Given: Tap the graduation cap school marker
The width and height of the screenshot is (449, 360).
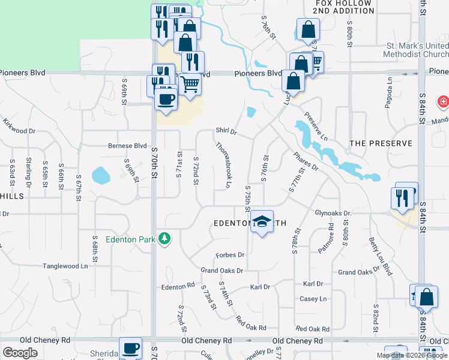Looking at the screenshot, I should pyautogui.click(x=261, y=223).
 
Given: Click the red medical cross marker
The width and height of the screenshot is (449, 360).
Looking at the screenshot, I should pyautogui.click(x=444, y=102).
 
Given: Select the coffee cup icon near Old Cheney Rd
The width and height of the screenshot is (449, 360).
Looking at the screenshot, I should pyautogui.click(x=130, y=348).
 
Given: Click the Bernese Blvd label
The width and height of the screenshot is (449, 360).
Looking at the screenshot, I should pyautogui.click(x=127, y=145).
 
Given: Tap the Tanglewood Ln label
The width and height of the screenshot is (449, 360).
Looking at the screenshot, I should pyautogui.click(x=65, y=266).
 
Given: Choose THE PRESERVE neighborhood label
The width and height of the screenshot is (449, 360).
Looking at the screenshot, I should pyautogui.click(x=381, y=143).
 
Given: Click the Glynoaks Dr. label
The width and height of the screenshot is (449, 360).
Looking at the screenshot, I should pyautogui.click(x=333, y=213).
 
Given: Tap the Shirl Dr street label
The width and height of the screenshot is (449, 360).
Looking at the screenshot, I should pyautogui.click(x=226, y=131).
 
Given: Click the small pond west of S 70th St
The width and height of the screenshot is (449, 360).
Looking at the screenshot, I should pyautogui.click(x=100, y=176).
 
